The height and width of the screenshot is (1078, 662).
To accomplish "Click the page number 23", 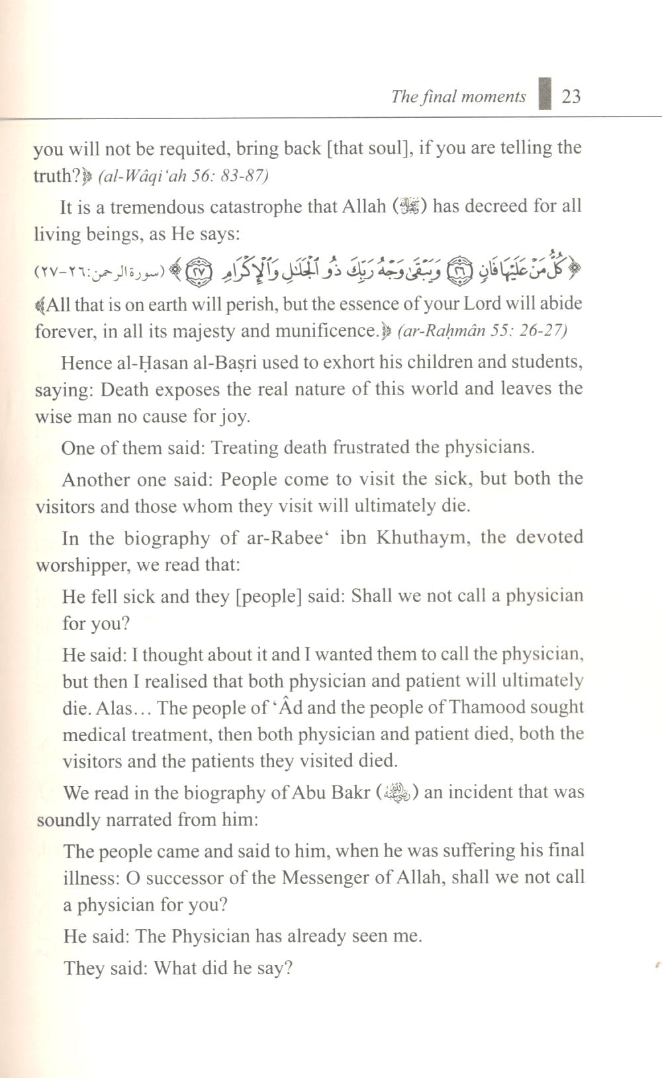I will tap(571, 97).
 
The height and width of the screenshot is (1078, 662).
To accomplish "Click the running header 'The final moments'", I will tap(458, 97).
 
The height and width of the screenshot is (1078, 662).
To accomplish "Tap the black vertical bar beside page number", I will tap(545, 93).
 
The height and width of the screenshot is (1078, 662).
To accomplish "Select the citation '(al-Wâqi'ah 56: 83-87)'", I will tap(183, 176).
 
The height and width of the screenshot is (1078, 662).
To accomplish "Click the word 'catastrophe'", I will tap(249, 206).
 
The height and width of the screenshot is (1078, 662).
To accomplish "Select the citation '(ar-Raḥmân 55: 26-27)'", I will tap(483, 330).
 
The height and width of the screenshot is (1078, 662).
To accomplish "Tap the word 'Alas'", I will tap(114, 708).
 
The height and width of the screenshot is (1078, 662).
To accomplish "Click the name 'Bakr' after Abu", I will tap(351, 792).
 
